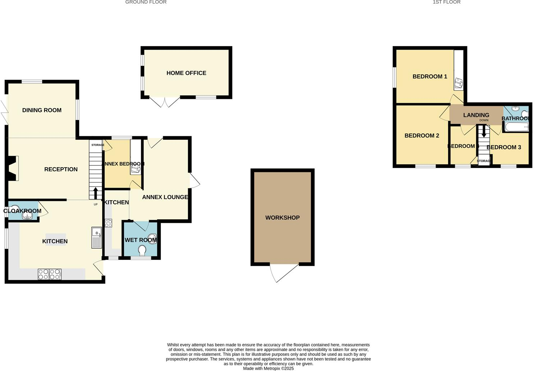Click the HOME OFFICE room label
coord(186,73)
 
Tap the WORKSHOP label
coord(282,217)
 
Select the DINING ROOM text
coord(42,110)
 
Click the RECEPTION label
coord(61,169)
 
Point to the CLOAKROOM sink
coord(27,215)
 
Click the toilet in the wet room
coord(142,249)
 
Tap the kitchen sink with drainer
coord(97,237)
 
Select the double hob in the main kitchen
coord(50,274)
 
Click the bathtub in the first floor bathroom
coord(516,127)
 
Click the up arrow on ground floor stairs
coord(96,193)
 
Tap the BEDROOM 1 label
coord(430,77)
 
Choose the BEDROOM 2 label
coord(422,136)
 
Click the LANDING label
coord(476,115)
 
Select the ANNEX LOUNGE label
coord(165,197)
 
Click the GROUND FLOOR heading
coord(146,2)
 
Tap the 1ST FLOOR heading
coord(447,2)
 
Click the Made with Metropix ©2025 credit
coord(268,368)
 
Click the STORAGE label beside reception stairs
coord(97,145)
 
